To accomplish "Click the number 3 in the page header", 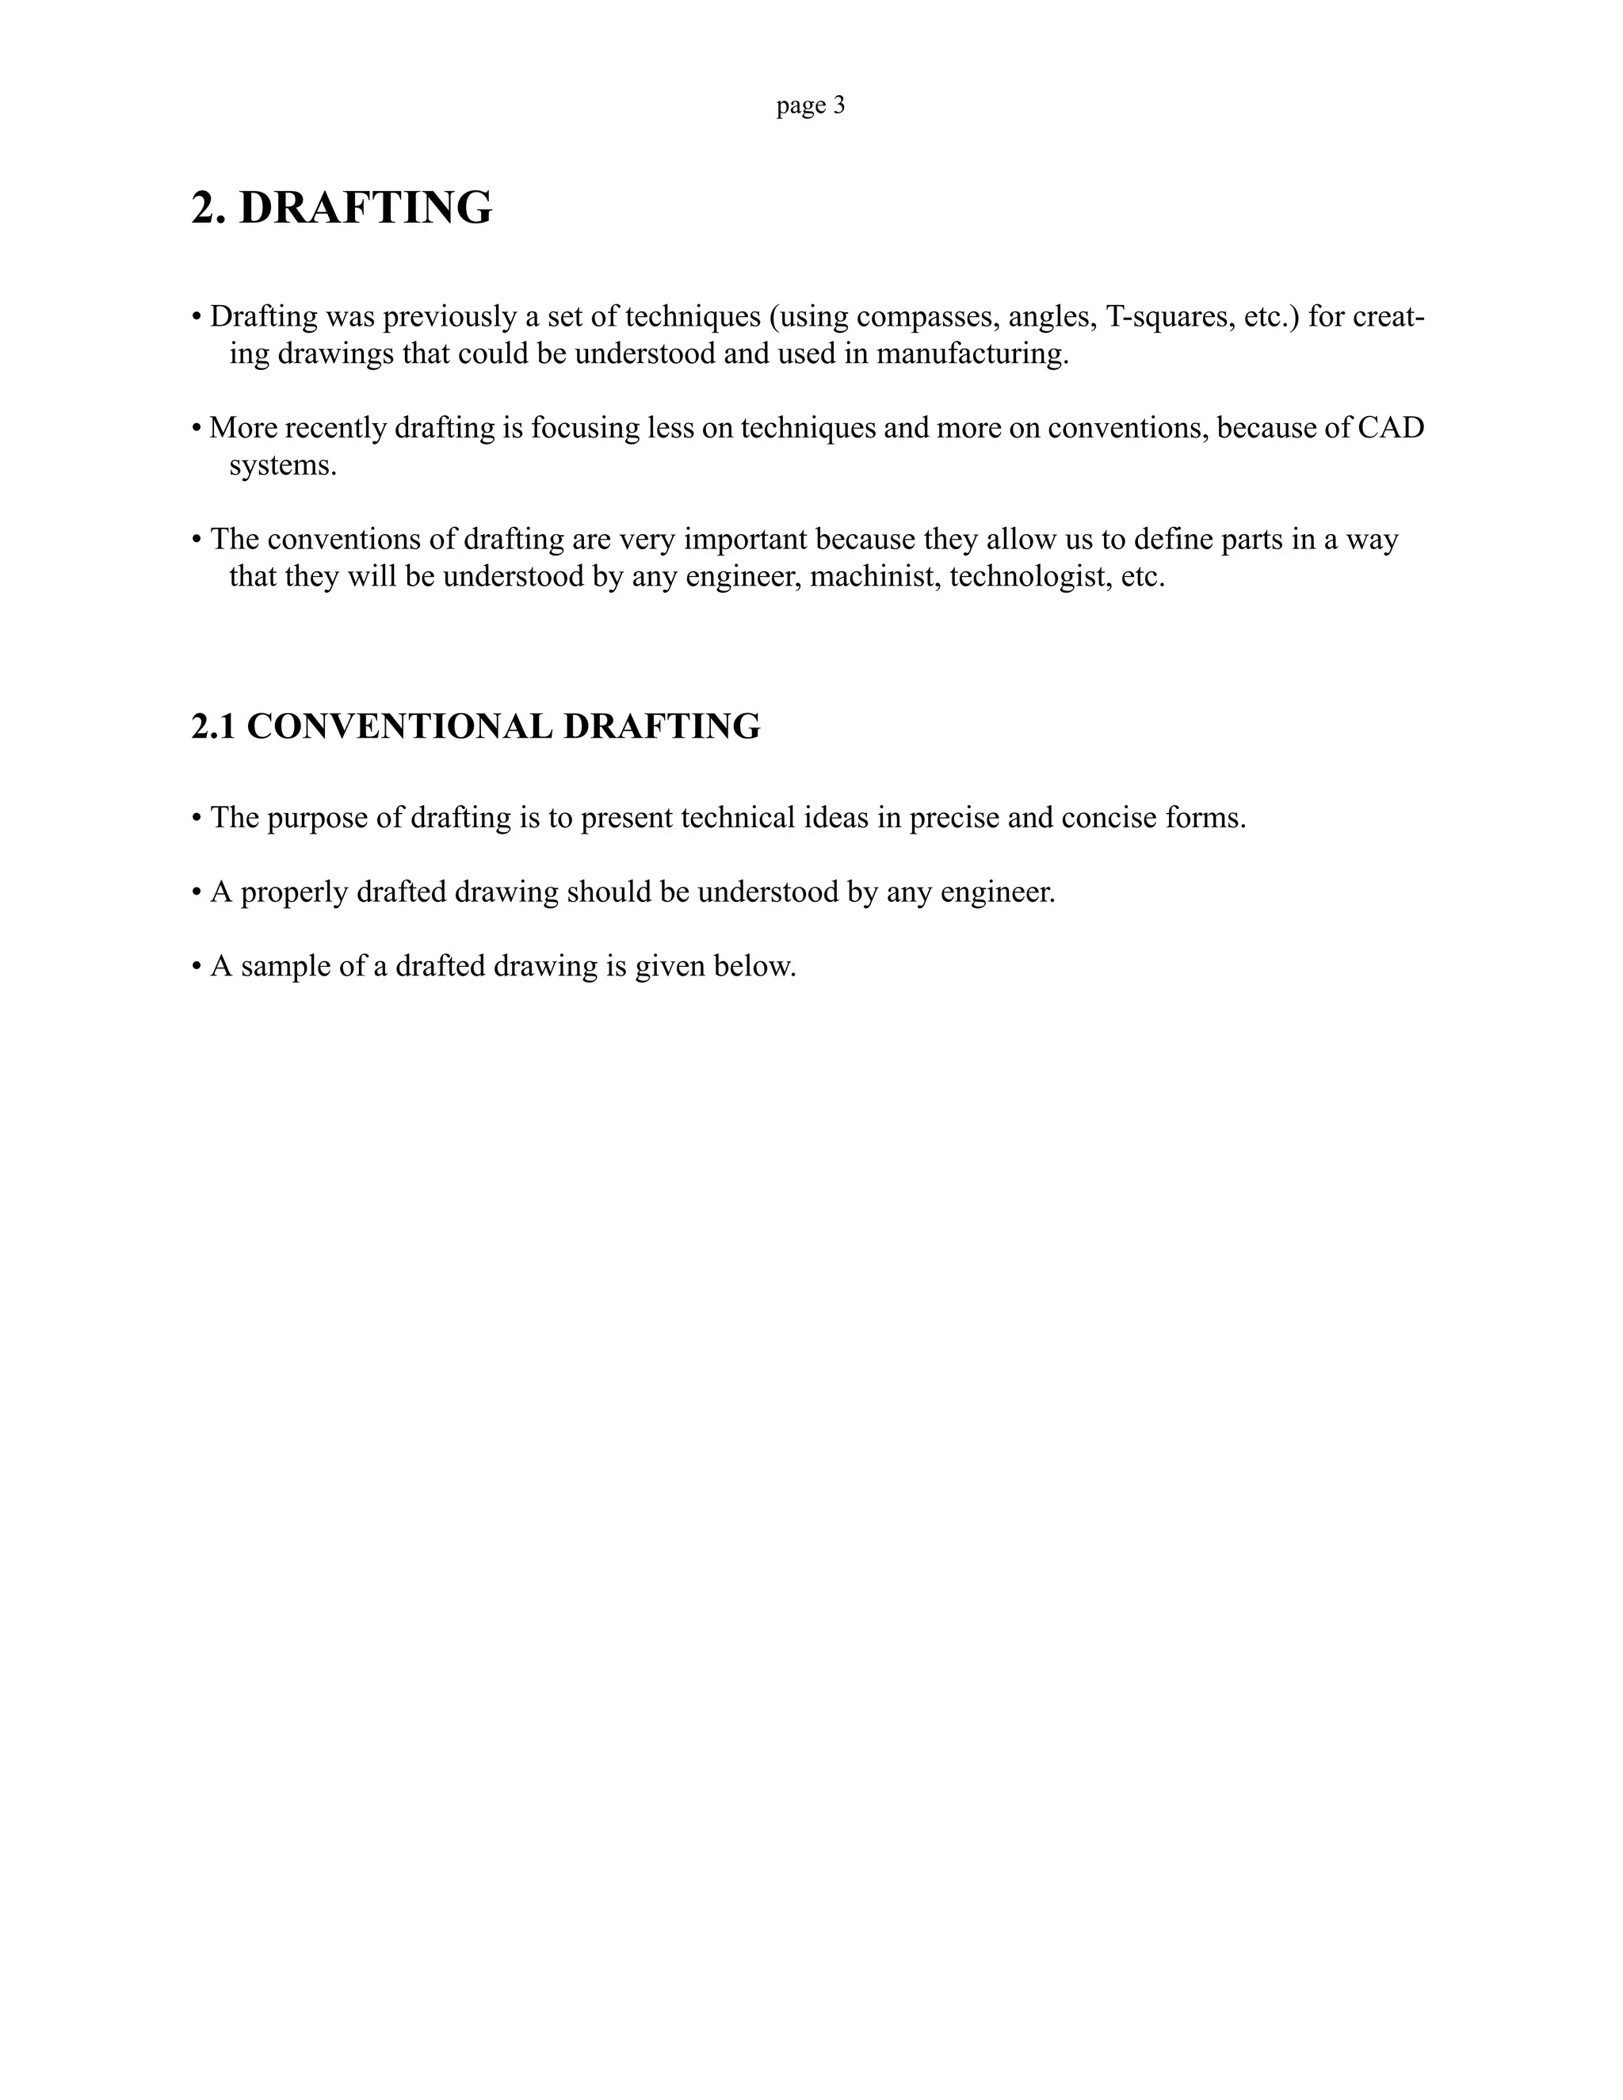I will [839, 105].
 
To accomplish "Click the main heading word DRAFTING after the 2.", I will [365, 208].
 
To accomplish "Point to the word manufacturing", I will [972, 354].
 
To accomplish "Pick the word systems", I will [283, 465].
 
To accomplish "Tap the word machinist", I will [875, 577].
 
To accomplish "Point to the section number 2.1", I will [212, 727].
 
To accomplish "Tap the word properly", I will [294, 893].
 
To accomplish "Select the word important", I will [745, 540].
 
